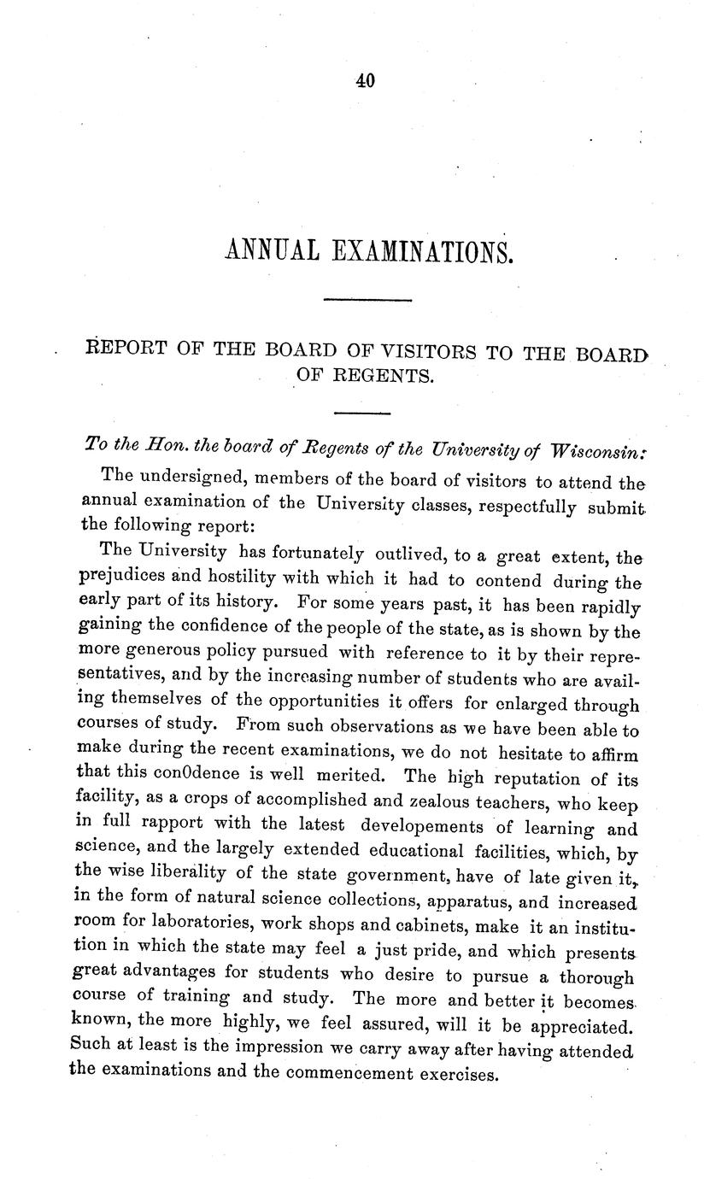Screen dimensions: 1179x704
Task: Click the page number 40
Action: (365, 80)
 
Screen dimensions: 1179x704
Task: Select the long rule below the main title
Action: (369, 299)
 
